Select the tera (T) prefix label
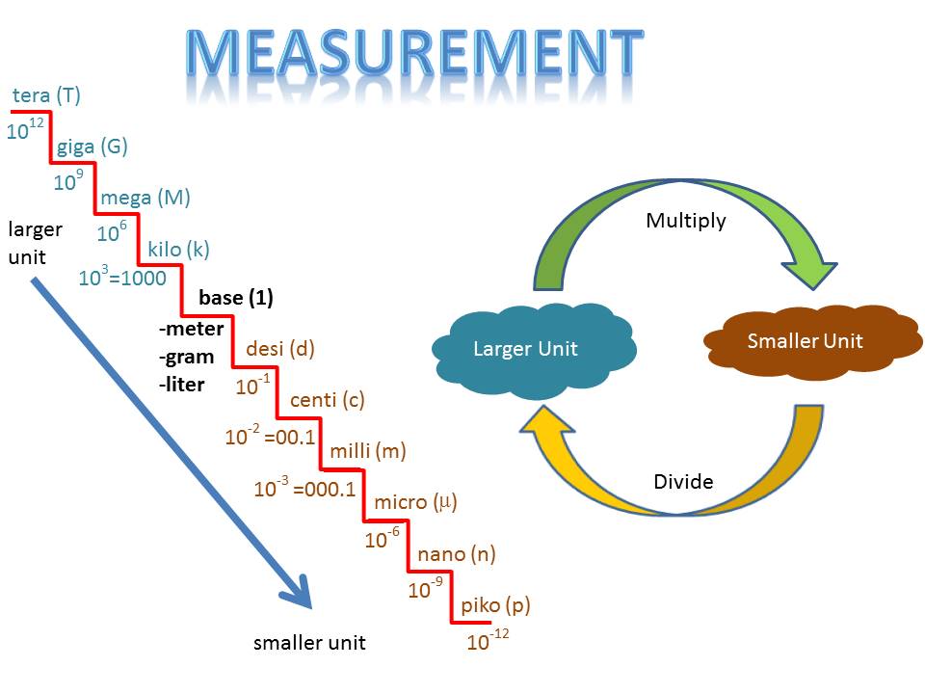[46, 95]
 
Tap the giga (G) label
[92, 147]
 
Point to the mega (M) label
[145, 198]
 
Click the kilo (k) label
[178, 250]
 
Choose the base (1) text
[235, 298]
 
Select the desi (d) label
[280, 349]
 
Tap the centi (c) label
[327, 400]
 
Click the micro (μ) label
[414, 502]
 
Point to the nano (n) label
[456, 554]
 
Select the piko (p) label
[495, 605]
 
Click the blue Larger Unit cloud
[526, 348]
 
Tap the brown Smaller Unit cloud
[805, 341]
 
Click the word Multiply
[685, 221]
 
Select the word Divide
[683, 481]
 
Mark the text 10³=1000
[122, 279]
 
